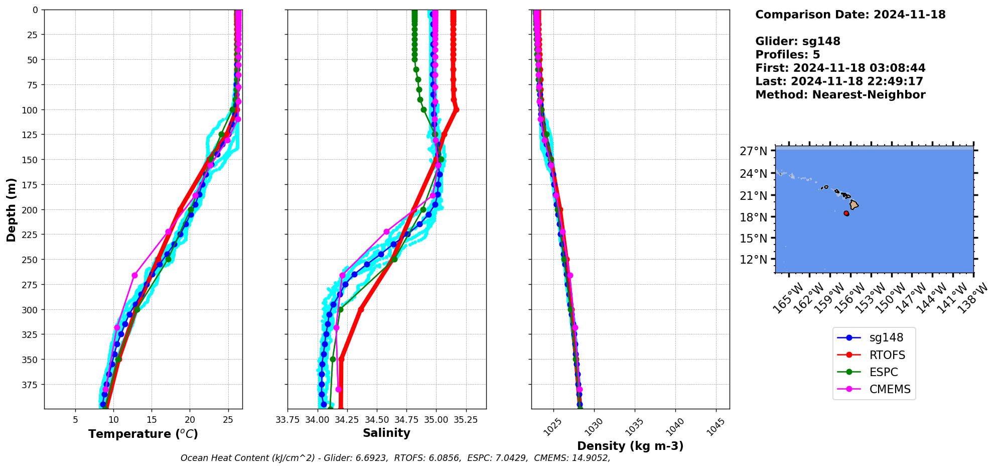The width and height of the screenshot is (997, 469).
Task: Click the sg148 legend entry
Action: tap(886, 338)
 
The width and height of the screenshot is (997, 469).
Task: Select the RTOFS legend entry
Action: tap(887, 355)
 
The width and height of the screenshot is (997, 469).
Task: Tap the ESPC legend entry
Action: tap(884, 372)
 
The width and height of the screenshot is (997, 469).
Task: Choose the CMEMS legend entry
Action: tap(890, 389)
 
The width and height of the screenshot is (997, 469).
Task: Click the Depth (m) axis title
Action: tap(11, 209)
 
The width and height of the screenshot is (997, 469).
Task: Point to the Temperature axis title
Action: tap(143, 434)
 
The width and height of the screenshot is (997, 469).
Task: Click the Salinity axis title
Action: tap(386, 433)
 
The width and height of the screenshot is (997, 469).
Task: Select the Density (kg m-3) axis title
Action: tap(630, 446)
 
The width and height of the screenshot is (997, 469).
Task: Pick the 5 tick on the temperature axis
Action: tap(75, 420)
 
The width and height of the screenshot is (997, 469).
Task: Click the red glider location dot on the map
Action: tap(846, 213)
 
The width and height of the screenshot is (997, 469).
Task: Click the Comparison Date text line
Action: tap(850, 15)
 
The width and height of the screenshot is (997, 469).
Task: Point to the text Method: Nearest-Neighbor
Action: tap(840, 95)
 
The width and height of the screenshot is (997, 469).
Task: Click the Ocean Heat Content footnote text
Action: tap(395, 458)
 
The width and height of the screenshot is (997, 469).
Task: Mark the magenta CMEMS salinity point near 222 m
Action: tap(386, 232)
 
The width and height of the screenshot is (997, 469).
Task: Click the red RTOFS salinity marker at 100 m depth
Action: tap(456, 109)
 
